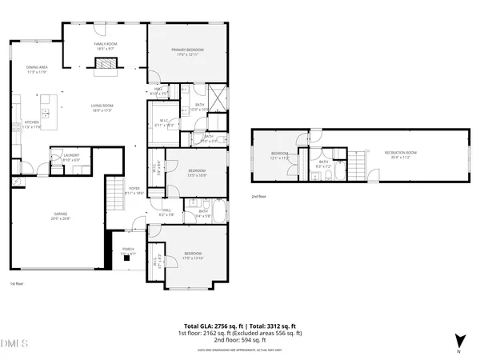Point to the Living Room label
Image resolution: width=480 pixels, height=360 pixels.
pyautogui.click(x=102, y=108)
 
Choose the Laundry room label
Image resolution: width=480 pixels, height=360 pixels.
pyautogui.click(x=70, y=158)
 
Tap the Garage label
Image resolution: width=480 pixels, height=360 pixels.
pyautogui.click(x=61, y=215)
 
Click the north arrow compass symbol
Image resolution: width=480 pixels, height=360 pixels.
pyautogui.click(x=458, y=341)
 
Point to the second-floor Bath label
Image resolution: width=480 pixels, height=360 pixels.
pyautogui.click(x=323, y=164)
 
